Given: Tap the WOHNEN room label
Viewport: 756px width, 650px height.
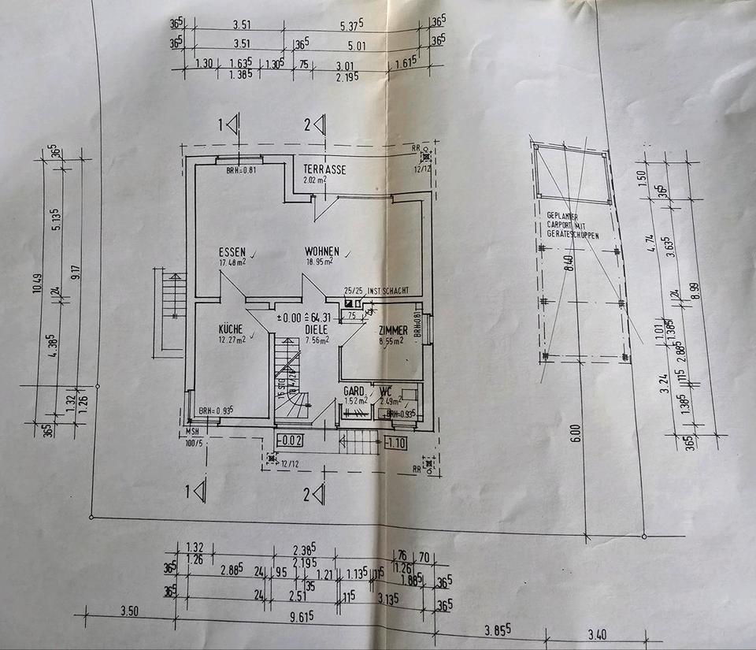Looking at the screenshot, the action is point(323,251).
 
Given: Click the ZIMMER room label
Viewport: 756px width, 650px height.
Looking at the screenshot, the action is point(392,331).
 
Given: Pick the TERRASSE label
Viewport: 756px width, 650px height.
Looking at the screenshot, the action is point(324,169).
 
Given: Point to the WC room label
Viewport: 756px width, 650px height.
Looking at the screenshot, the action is point(385,391).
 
